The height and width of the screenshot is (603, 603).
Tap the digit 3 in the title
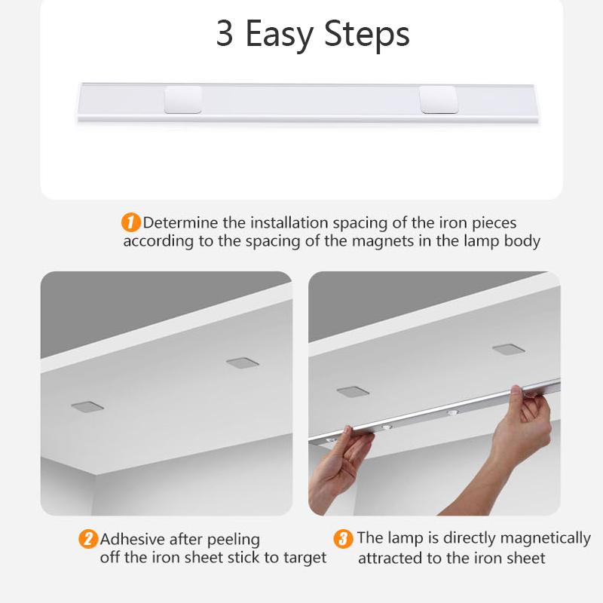pyautogui.click(x=225, y=35)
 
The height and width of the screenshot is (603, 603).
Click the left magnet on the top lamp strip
pyautogui.click(x=182, y=99)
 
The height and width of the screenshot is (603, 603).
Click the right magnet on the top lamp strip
pyautogui.click(x=438, y=99)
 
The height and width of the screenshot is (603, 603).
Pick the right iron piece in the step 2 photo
pyautogui.click(x=243, y=362)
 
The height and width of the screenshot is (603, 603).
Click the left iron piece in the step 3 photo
pyautogui.click(x=352, y=391)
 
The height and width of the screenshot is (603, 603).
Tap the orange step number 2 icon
pyautogui.click(x=88, y=539)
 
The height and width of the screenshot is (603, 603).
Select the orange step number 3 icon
pyautogui.click(x=343, y=539)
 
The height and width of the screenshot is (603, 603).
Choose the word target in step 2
pyautogui.click(x=304, y=558)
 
